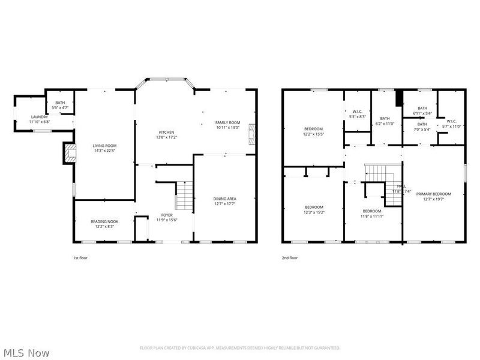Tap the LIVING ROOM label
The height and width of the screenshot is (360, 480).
point(104,146)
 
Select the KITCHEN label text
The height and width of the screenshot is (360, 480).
point(166,132)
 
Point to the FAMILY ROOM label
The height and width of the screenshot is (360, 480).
point(227,122)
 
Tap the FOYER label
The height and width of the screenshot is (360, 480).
point(166,215)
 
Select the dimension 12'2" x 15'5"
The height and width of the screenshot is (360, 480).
point(313,134)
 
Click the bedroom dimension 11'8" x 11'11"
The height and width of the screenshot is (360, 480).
point(371,216)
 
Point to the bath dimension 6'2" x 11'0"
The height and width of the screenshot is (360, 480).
point(385,124)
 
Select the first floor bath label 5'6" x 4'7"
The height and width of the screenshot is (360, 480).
point(60,105)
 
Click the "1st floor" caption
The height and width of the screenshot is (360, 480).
point(81,257)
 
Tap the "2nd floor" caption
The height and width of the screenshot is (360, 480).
point(290,257)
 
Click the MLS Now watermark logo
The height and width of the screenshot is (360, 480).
point(26,352)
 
